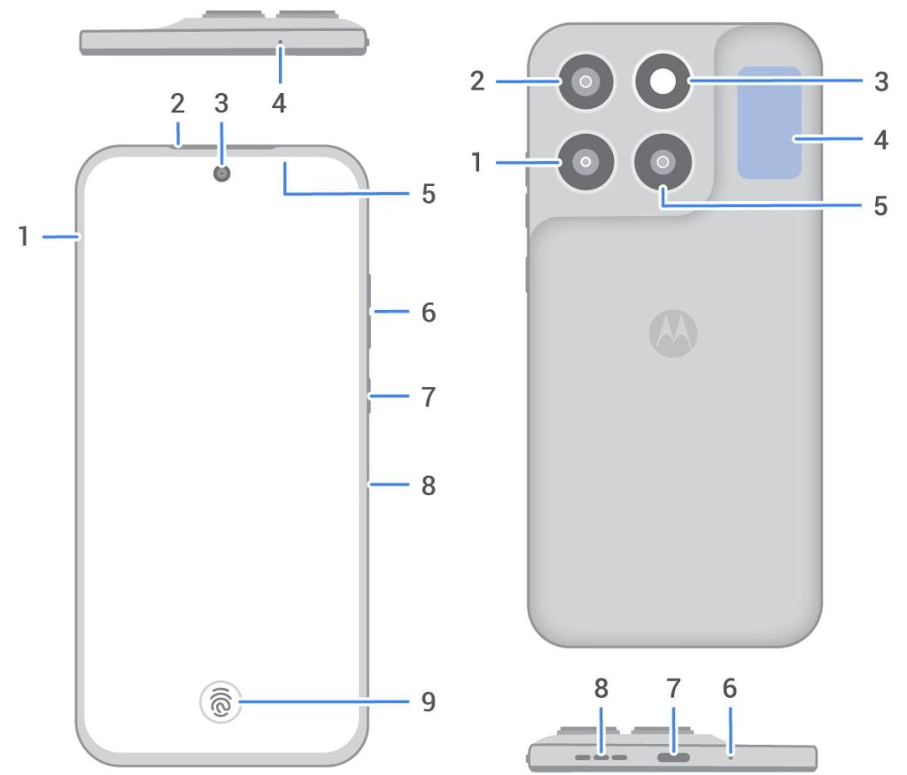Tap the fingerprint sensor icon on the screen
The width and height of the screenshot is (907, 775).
221,703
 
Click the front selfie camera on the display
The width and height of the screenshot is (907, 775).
221,173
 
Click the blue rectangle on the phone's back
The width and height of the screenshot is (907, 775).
770,122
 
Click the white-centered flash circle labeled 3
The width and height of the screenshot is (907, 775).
662,81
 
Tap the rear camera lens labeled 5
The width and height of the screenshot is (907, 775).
662,162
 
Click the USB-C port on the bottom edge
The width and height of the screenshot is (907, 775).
673,757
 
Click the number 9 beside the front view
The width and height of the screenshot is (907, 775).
429,702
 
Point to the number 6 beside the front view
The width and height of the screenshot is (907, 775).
429,313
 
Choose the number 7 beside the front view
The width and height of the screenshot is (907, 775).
429,397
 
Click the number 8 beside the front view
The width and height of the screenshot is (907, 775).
429,485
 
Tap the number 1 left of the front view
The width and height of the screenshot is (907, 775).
26,236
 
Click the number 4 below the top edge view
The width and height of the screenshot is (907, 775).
279,104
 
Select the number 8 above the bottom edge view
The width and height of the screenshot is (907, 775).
601,688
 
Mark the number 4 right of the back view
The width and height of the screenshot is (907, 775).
880,139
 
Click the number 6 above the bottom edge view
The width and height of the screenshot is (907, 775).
730,688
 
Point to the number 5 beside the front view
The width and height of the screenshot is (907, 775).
429,194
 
